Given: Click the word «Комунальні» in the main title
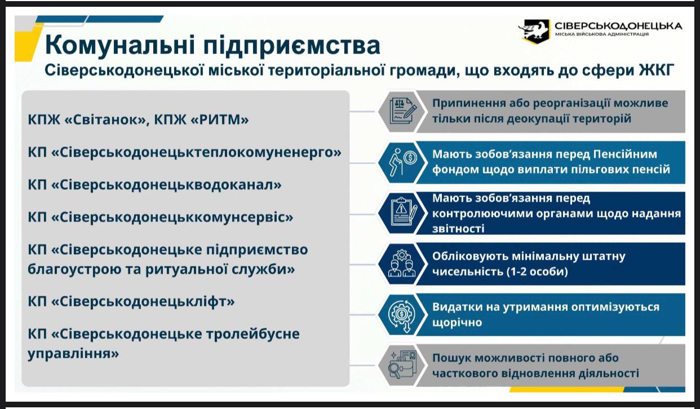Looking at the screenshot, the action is (x=120, y=46).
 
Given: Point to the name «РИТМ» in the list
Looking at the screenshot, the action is (x=219, y=119).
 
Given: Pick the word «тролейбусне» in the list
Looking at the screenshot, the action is (x=252, y=334).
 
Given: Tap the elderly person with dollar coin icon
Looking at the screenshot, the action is (x=401, y=162).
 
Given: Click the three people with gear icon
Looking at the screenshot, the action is (x=401, y=264).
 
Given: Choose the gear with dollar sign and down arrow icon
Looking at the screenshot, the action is (x=402, y=314).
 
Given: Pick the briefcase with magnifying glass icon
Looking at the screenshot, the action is (x=402, y=365).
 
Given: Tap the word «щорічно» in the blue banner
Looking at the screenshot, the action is (x=457, y=322).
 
